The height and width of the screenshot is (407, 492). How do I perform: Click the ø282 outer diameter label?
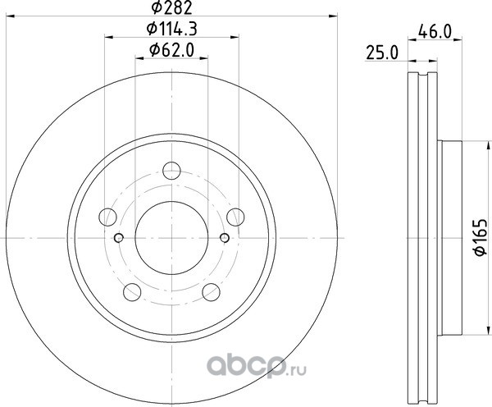point(171,7)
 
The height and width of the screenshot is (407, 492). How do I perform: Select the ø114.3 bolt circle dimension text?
point(171,30)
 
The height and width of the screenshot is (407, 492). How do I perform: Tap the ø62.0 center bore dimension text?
point(171,50)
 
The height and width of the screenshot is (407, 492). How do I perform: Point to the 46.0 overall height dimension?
point(435,32)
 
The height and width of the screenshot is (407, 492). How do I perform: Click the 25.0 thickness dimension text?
point(382,53)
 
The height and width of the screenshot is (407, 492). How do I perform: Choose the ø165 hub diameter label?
point(481,238)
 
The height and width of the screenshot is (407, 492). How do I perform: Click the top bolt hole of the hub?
point(171,171)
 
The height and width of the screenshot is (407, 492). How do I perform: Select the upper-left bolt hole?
point(107,217)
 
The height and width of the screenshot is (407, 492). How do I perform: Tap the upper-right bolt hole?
point(235,217)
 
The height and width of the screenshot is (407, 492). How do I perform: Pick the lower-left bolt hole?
point(132,292)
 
